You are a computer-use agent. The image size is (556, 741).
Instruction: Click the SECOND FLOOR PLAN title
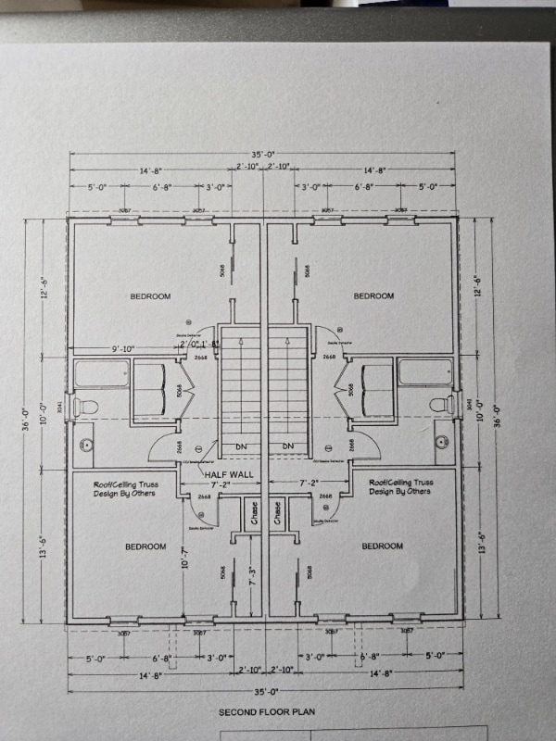[264, 712]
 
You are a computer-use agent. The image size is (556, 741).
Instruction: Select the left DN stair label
[241, 446]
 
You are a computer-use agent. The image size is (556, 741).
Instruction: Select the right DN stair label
[288, 446]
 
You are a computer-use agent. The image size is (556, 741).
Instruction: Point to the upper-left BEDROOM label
[150, 296]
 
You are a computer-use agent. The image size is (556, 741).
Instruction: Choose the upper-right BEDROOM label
[374, 296]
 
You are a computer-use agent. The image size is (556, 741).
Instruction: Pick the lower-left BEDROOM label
[145, 546]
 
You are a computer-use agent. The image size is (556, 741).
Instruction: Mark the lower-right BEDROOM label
[383, 546]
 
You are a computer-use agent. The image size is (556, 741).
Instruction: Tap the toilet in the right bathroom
[442, 405]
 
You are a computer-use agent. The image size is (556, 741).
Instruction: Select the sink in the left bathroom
[86, 445]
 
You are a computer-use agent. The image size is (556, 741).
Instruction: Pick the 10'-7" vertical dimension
[186, 559]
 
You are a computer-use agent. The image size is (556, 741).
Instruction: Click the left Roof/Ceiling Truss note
[123, 488]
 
